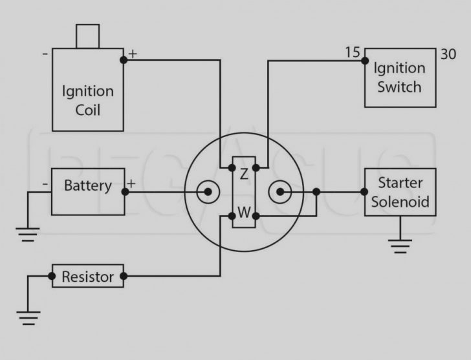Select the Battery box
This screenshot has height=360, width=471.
[87, 191]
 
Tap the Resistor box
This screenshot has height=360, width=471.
[87, 277]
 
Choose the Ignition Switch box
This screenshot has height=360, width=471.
[400, 78]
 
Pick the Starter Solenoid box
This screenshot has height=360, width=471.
[400, 192]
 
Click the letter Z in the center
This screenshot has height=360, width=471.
[244, 173]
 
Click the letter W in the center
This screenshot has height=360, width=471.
[244, 212]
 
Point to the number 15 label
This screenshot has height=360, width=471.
[353, 52]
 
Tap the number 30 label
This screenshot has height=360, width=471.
[448, 54]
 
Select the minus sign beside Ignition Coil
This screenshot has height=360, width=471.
[45, 54]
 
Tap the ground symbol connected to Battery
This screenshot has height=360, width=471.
[27, 235]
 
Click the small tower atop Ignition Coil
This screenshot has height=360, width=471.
[87, 36]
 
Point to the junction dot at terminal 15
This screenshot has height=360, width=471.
[364, 61]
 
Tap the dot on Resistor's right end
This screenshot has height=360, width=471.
[124, 277]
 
